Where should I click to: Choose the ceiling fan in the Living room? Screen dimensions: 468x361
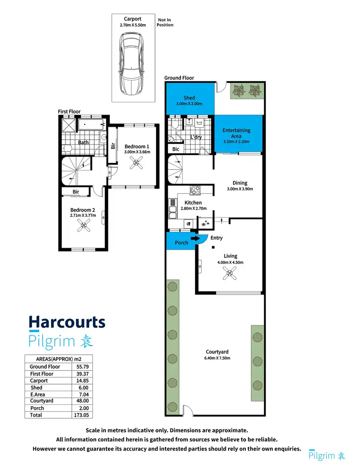coord(230,274)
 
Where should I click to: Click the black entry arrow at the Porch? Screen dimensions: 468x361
coord(194,238)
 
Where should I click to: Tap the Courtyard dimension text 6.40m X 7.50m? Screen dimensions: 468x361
coord(217,358)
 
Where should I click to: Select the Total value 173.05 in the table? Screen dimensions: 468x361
coord(83,415)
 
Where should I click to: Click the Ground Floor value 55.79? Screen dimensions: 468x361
coord(83,367)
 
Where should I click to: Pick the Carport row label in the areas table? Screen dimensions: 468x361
coord(39,381)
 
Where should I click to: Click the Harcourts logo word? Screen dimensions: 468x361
coord(67,322)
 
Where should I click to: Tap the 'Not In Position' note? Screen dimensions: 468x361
coord(165,22)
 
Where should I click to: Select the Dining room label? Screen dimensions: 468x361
coord(240,183)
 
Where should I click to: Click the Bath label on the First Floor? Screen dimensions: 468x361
coord(84,142)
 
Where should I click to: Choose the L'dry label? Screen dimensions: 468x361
coord(195,137)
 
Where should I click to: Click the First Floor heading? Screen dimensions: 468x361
coord(69,111)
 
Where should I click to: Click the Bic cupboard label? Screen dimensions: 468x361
coord(176,149)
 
